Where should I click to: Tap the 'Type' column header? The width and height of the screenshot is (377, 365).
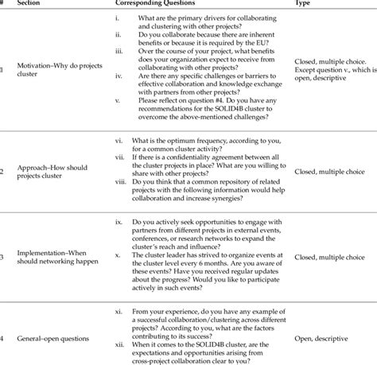[x=303, y=4]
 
